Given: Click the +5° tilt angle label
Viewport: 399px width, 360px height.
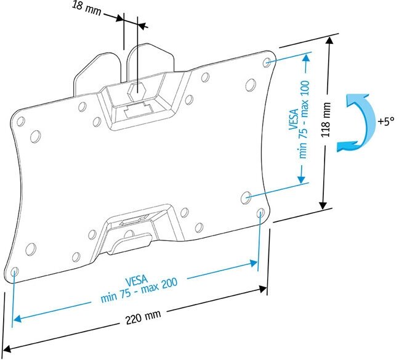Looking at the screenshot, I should point(384,121).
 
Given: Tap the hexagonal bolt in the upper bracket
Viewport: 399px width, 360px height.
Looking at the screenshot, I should point(135,90).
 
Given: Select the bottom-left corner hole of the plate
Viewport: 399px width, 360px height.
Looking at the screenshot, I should point(15,271).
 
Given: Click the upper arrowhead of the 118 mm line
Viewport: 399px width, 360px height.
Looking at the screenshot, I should point(330,41).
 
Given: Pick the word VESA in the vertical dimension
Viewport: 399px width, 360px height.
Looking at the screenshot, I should point(292,121).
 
